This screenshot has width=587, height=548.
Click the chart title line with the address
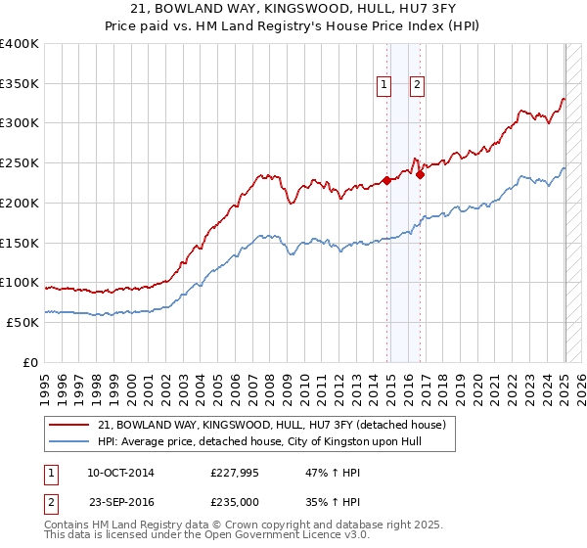tap(293, 9)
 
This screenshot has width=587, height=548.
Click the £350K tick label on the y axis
tap(20, 84)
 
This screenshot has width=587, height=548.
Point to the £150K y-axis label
tap(20, 243)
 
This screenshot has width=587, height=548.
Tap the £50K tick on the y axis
tap(23, 322)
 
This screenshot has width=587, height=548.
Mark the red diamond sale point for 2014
tap(386, 180)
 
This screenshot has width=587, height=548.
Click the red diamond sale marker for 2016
tap(420, 175)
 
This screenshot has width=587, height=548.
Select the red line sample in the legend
tap(71, 425)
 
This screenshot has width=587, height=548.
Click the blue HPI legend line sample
tap(71, 441)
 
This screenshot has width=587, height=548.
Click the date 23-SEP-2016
tap(120, 502)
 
